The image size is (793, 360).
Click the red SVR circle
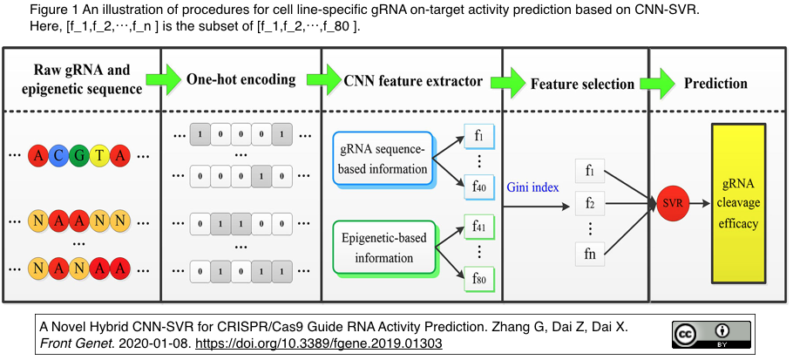(673, 203)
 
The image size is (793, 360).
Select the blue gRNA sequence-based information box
(383, 160)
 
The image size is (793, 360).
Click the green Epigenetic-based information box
(383, 246)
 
